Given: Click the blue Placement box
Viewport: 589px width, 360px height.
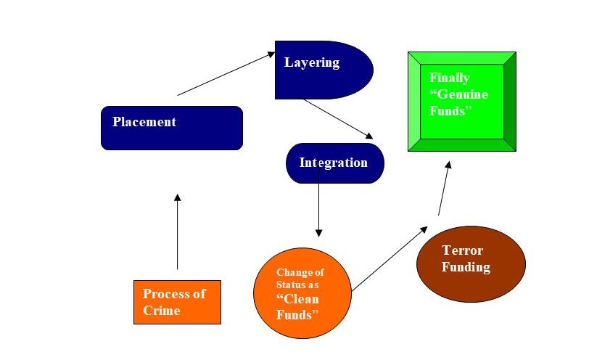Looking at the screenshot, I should click(171, 128).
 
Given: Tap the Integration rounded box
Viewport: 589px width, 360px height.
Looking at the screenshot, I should click(334, 163).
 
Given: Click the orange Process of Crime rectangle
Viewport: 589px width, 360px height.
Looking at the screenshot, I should click(177, 302).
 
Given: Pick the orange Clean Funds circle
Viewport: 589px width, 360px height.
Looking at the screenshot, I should click(302, 294).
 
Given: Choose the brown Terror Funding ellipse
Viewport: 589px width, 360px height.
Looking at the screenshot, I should click(471, 263).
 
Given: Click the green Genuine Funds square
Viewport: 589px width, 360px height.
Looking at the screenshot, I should click(462, 101).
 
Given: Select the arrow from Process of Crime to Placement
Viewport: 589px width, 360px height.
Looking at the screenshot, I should click(177, 232).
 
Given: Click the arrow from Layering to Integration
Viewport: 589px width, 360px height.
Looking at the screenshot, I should click(338, 118).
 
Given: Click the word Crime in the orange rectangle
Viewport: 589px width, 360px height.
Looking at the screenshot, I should click(161, 311).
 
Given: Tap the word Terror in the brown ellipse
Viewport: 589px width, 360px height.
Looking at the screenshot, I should click(462, 250).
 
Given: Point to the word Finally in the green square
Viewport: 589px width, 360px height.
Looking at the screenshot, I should click(449, 78).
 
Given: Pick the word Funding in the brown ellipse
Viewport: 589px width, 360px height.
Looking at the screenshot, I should click(466, 267).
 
